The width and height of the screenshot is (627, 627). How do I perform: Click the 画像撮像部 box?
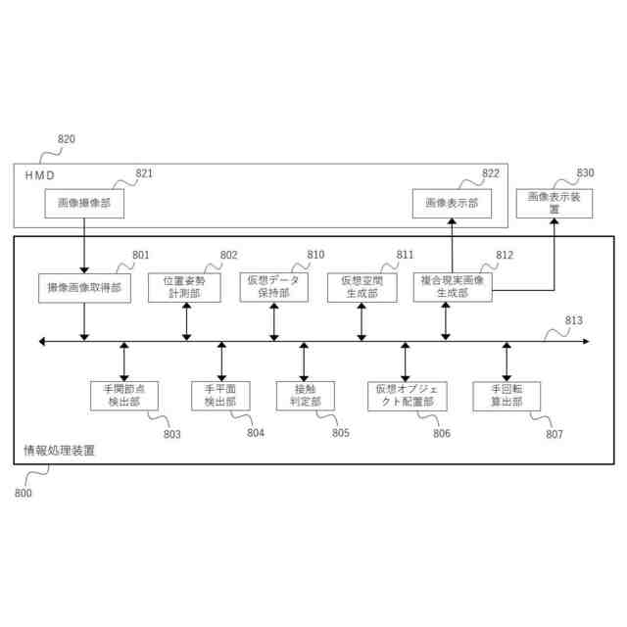tap(83, 203)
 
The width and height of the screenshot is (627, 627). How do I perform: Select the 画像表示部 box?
tap(452, 203)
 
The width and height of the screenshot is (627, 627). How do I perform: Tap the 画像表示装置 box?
tap(554, 203)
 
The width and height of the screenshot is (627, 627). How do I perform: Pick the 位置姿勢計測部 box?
tap(185, 287)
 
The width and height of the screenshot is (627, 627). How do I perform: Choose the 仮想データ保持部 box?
tap(273, 287)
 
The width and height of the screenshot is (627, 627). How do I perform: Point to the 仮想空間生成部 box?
tap(362, 287)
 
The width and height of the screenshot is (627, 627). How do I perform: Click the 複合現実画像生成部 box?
tap(452, 286)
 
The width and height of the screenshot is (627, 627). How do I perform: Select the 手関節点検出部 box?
tap(124, 395)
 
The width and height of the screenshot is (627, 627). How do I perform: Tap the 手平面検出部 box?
tap(220, 395)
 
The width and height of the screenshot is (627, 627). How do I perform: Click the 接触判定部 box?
tap(305, 395)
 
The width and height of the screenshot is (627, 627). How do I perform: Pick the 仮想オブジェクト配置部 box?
tap(406, 395)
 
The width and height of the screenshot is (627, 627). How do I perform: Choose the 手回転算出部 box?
tap(506, 395)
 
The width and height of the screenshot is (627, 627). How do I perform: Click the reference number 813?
tap(573, 319)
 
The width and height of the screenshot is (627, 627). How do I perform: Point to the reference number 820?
tap(66, 139)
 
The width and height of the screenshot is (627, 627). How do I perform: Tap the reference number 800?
tap(23, 493)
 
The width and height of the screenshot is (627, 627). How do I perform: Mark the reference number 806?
tap(441, 433)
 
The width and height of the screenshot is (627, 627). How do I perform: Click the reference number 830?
tap(585, 172)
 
